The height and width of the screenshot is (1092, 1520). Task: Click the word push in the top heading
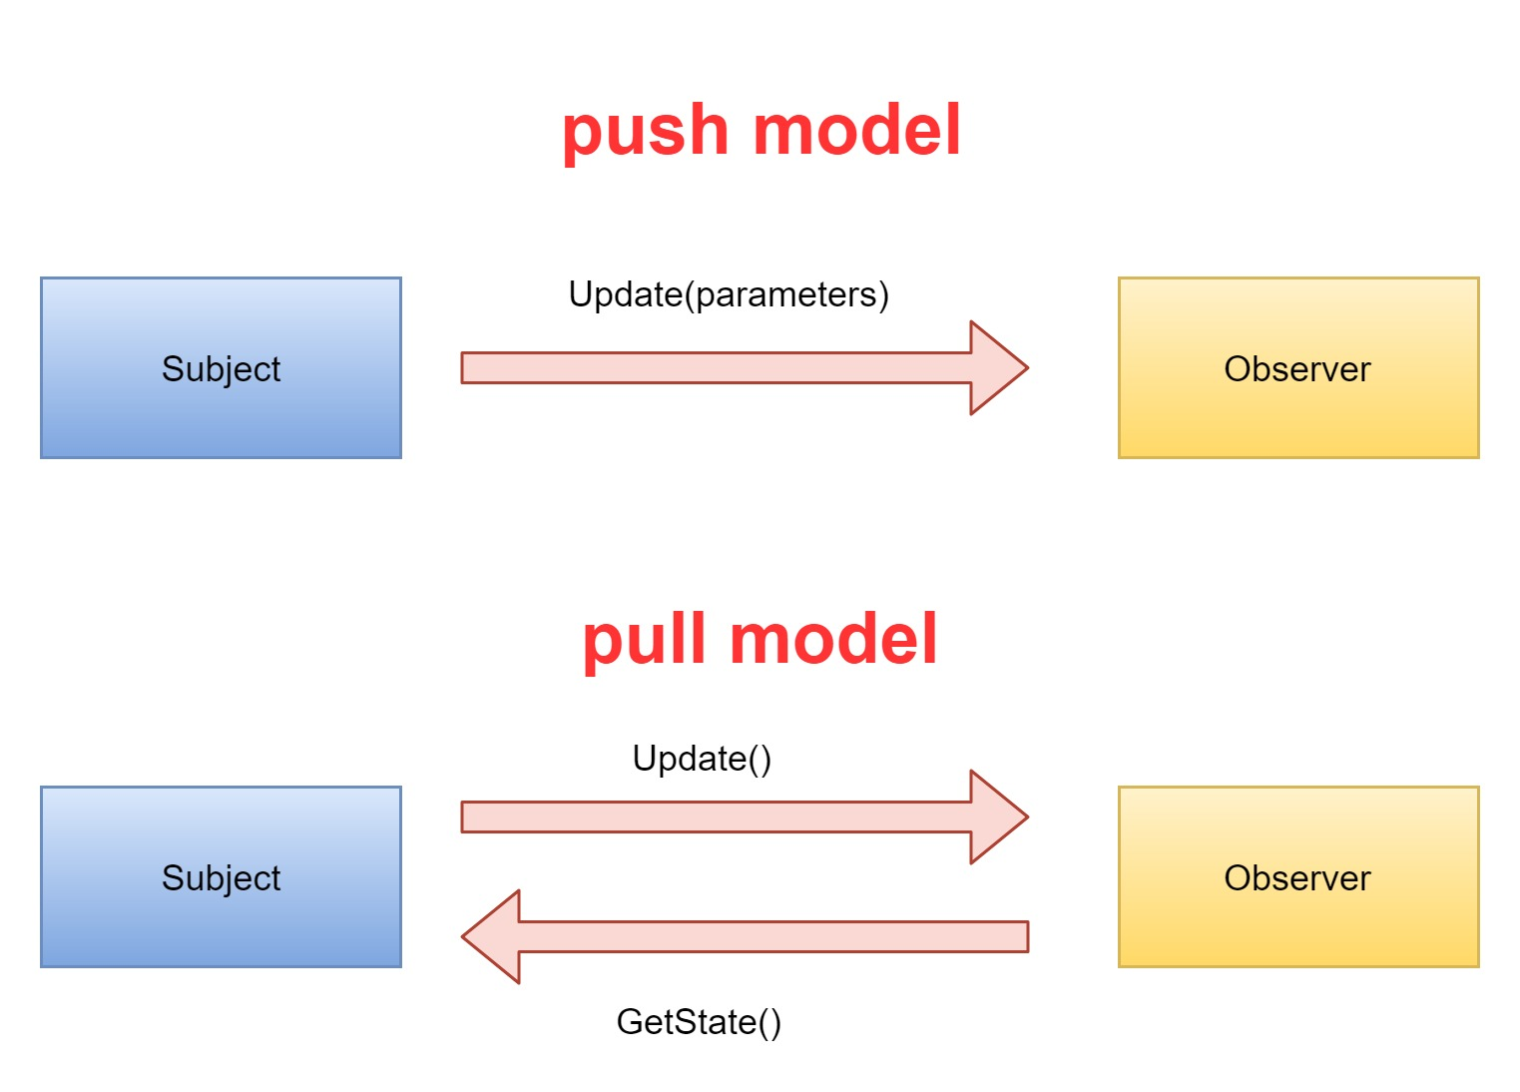coord(645,132)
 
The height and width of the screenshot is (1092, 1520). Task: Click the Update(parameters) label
coord(729,294)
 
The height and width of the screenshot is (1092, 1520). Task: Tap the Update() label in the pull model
coord(702,759)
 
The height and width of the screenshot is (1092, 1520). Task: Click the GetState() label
coord(699,1022)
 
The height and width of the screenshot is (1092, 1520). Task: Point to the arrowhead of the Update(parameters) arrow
coord(998,367)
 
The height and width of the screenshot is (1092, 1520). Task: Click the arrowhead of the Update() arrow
coord(998,817)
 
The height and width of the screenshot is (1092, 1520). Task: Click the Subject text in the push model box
coord(221,369)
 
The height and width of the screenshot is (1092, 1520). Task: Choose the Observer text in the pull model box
coord(1297,878)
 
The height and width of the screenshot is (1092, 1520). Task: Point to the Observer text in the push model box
coord(1297,369)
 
